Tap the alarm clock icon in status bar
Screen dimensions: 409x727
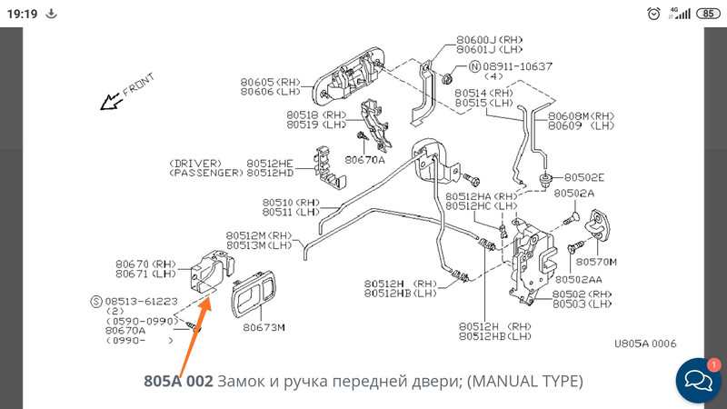point(653,14)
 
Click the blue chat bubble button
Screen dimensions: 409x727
point(698,381)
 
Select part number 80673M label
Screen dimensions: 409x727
point(264,327)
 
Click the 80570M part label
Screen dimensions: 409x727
point(596,262)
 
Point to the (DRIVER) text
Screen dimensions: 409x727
point(194,163)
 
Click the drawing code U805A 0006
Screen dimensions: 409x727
point(644,344)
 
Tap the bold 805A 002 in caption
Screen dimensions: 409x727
point(178,380)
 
